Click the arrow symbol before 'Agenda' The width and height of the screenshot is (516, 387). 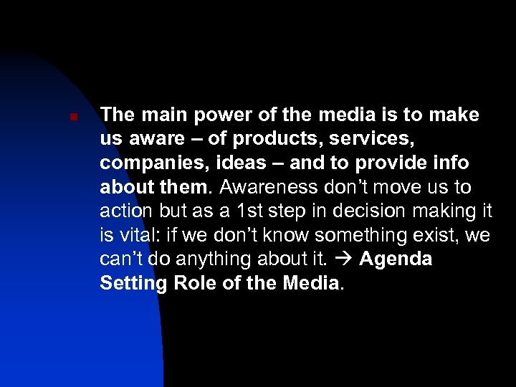pyautogui.click(x=345, y=259)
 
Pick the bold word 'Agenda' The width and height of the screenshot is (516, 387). pyautogui.click(x=396, y=259)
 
